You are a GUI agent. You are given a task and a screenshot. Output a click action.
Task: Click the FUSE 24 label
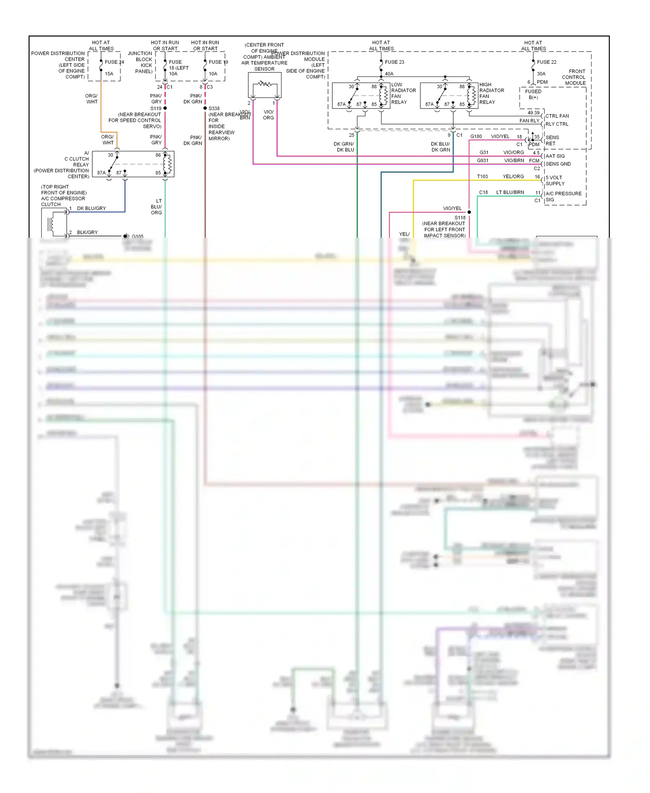[114, 62]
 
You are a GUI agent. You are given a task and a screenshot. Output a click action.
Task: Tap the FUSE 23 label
[394, 62]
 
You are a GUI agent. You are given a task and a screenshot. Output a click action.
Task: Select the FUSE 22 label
[546, 62]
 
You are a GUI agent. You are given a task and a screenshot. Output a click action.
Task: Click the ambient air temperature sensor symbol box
[264, 85]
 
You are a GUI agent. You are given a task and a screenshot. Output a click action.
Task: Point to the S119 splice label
[156, 108]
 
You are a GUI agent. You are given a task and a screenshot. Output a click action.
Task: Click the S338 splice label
[214, 108]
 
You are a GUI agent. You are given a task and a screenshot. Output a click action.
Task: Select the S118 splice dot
[469, 212]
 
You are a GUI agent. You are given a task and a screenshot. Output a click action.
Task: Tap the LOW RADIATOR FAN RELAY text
[403, 93]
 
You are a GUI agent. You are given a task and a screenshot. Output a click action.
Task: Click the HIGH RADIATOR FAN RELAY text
[491, 93]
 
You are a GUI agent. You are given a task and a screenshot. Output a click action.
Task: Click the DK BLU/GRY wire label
[91, 208]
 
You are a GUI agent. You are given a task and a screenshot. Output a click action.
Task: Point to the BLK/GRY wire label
[87, 233]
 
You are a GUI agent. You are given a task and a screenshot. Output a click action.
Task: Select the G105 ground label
[137, 236]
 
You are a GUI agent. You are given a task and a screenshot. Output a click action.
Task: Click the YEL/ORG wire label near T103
[513, 177]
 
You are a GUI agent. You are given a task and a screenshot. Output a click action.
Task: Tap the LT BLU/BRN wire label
[510, 192]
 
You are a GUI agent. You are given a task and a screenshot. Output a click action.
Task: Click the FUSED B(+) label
[533, 94]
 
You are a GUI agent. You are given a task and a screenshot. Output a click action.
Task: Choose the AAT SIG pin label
[555, 156]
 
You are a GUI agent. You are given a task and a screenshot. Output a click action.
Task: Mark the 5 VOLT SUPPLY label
[555, 180]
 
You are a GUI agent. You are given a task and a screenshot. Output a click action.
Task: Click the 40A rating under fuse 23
[389, 74]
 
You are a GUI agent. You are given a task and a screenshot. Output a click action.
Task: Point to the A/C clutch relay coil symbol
[167, 164]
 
